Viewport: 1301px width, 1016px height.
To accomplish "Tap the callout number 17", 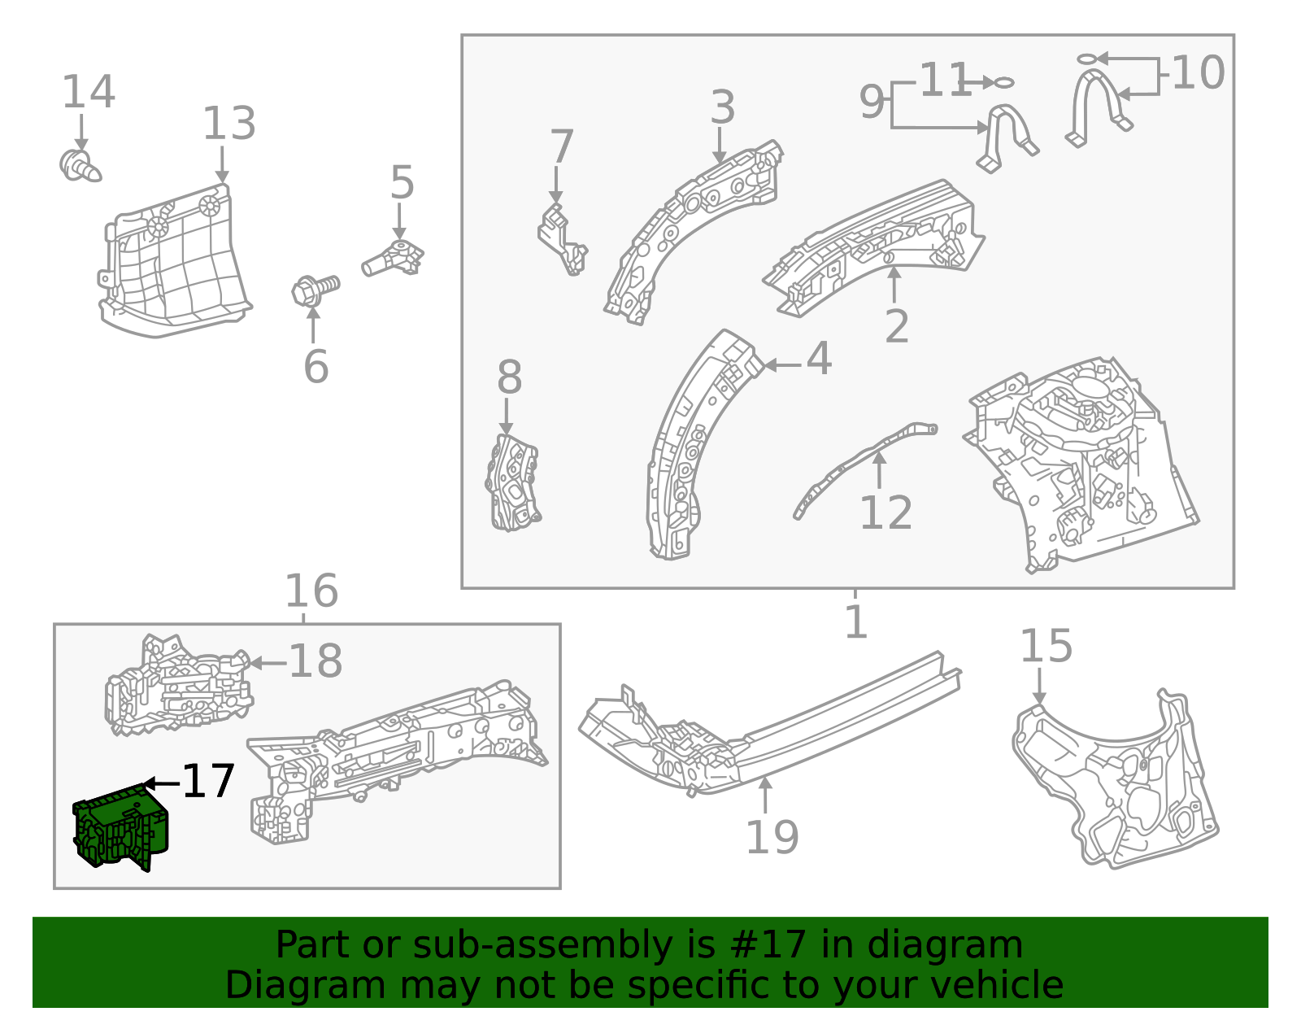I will [x=209, y=782].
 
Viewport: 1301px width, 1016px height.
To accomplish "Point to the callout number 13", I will [x=228, y=124].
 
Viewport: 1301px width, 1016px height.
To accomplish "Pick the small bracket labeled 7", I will [x=562, y=240].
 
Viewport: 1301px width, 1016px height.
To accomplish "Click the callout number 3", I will [x=722, y=108].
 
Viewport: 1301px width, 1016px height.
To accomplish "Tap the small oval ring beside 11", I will [x=1004, y=82].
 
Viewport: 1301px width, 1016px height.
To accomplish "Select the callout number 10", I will [x=1198, y=73].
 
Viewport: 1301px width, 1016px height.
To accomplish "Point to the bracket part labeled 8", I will [x=513, y=484].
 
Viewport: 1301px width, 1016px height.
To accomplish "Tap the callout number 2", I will [x=896, y=326].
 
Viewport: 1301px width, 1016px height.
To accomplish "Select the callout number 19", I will [x=772, y=837].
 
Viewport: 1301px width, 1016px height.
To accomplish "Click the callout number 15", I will [x=1046, y=647].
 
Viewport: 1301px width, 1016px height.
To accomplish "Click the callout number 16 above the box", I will [x=311, y=591].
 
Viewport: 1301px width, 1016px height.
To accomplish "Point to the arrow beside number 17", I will [x=162, y=783].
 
